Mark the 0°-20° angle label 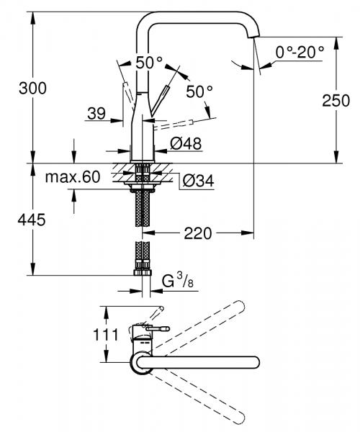pyautogui.click(x=300, y=50)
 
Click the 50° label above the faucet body pyautogui.click(x=149, y=63)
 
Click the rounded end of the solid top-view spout pyautogui.click(x=256, y=361)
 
